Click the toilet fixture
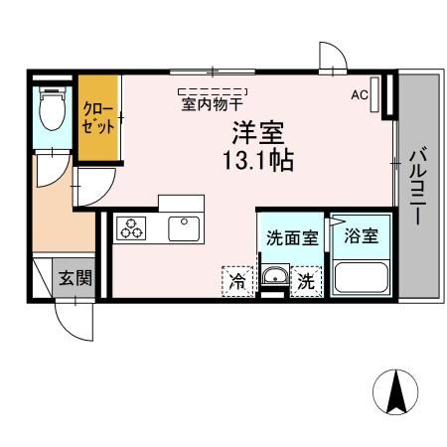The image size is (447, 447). coord(50,111)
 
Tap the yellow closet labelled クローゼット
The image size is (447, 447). coord(98,118)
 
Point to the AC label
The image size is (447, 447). coord(360,94)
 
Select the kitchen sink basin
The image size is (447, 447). coord(185,228)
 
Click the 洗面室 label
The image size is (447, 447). coord(291,238)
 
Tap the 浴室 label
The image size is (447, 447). coord(360,237)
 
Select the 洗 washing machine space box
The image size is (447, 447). coord(308,281)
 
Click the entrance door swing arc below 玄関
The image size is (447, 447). coord(73,318)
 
